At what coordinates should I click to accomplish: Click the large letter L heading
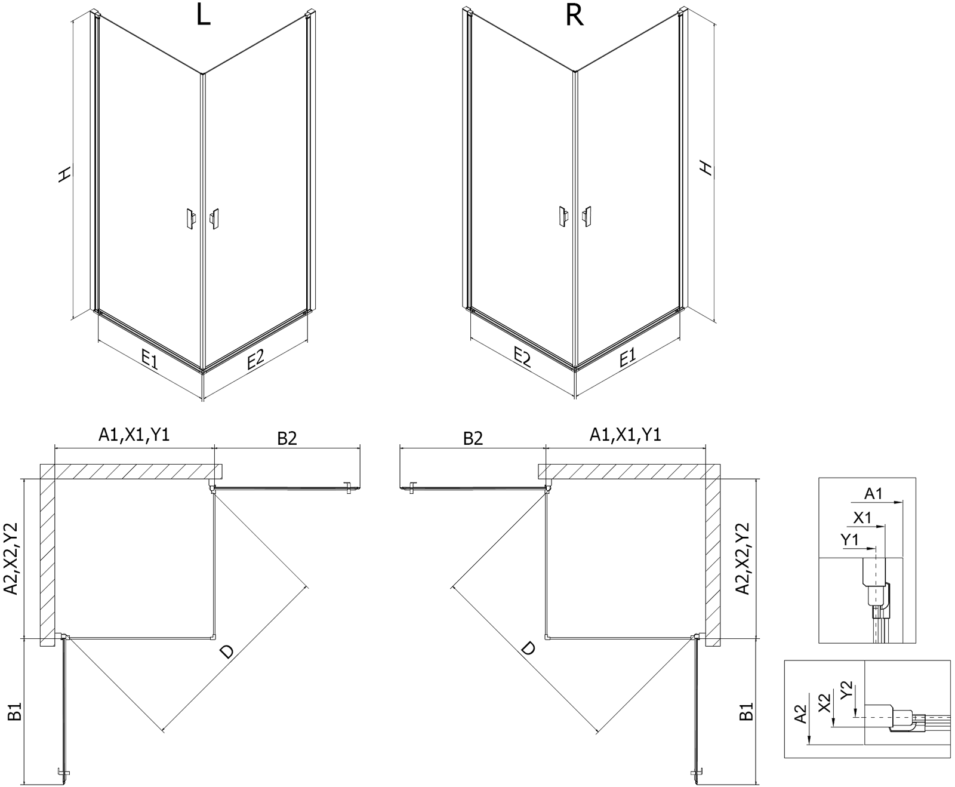click(x=203, y=16)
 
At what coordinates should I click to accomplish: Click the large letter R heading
click(x=574, y=16)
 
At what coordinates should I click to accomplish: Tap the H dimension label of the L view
click(x=64, y=174)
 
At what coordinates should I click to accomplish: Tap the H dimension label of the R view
click(x=706, y=168)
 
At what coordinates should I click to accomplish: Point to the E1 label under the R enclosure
click(x=627, y=358)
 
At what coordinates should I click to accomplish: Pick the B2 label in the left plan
click(x=286, y=439)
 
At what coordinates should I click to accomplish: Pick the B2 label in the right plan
click(x=473, y=439)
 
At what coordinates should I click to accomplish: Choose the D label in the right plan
click(x=528, y=648)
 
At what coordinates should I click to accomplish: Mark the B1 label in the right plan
click(x=746, y=711)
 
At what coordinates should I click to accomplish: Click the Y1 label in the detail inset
click(x=849, y=540)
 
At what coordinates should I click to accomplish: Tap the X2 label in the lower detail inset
click(x=824, y=703)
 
